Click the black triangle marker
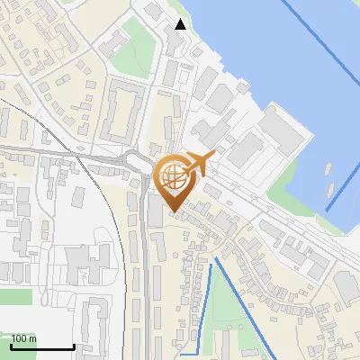(x=180, y=24)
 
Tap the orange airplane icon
(x=197, y=164)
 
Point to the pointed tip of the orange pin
(x=172, y=211)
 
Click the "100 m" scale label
(x=23, y=338)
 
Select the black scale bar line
(x=41, y=346)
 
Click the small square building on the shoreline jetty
(x=244, y=87)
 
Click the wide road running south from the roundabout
(x=144, y=270)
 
